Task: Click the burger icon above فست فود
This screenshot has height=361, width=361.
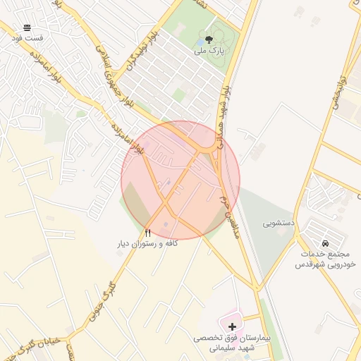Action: (x=27, y=28)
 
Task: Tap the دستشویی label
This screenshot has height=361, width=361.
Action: (x=279, y=224)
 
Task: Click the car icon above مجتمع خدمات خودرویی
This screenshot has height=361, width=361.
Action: (x=325, y=243)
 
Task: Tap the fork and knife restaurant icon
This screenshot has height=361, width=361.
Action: (x=148, y=233)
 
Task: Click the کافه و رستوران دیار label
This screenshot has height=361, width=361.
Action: (x=148, y=243)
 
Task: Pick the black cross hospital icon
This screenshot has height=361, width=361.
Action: (x=232, y=326)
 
